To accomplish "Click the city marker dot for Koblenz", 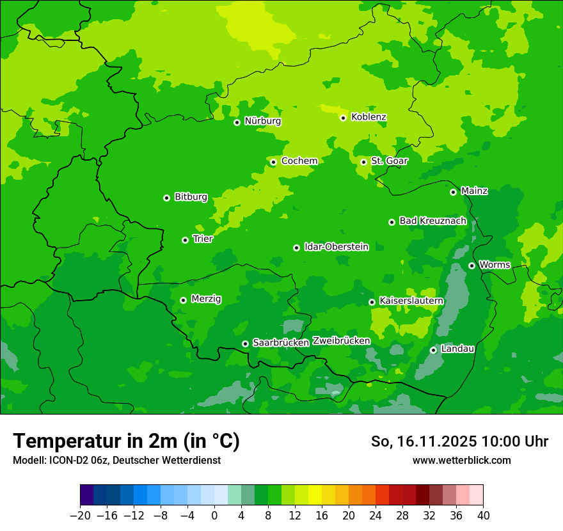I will click(x=344, y=118).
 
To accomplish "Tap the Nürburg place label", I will click(x=262, y=121).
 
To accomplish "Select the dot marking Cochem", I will click(x=273, y=162).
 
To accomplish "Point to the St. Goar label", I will click(x=389, y=161).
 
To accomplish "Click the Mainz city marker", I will click(x=453, y=192).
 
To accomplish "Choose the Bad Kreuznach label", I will click(x=432, y=221).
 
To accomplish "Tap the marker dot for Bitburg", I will click(x=166, y=198).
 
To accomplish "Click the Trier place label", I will click(x=203, y=239).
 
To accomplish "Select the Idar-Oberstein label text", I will click(x=336, y=247).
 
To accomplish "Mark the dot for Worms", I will click(x=472, y=265).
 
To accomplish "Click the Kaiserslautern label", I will click(x=411, y=301).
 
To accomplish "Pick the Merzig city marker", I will click(x=183, y=300).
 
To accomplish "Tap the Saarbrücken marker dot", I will click(x=245, y=344).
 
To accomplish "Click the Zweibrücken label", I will click(x=341, y=341).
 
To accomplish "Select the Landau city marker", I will click(x=433, y=350).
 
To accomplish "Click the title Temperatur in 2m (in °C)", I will click(x=126, y=441).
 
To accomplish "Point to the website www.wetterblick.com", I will click(x=461, y=461).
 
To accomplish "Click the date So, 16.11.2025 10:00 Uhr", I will click(x=459, y=441).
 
